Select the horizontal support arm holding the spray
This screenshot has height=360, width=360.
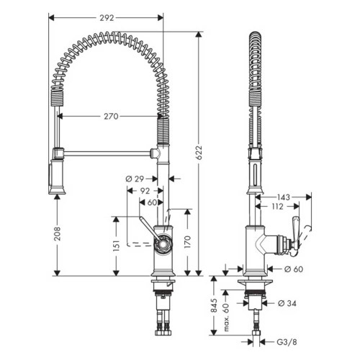tap(104, 152)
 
